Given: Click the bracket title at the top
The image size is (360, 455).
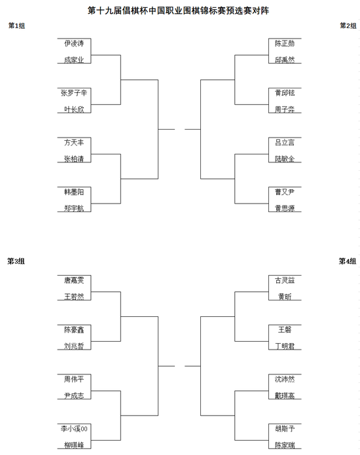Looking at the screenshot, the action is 178,10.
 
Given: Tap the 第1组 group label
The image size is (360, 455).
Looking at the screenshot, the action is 16,26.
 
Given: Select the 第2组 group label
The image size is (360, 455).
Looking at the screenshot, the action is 348,26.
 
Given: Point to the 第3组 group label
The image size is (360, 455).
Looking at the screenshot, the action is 16,261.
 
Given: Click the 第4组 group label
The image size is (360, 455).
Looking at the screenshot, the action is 348,261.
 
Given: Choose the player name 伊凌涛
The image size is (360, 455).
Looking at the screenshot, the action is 74,43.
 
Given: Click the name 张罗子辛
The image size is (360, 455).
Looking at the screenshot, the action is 74,93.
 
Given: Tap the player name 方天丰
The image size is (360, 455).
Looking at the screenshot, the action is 74,143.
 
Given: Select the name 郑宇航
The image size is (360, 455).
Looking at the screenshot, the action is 74,208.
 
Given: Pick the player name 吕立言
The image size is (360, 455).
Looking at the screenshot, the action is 285,143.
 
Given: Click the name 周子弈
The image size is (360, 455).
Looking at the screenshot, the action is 285,109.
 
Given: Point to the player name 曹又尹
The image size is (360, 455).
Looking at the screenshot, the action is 285,192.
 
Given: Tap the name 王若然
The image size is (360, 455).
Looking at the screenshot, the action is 74,297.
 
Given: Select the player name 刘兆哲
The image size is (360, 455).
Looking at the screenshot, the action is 74,346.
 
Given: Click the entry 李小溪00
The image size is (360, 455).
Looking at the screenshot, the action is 74,429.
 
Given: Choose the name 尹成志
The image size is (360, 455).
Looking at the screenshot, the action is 74,395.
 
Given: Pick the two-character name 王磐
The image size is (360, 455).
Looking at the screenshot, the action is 285,330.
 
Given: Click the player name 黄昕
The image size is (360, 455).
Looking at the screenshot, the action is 285,297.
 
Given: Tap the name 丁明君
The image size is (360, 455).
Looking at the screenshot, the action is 285,346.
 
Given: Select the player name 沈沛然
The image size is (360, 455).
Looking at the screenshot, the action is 285,379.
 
